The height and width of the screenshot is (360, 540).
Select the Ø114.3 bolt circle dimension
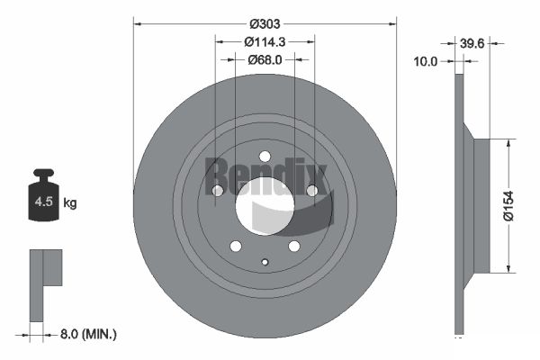click(265, 42)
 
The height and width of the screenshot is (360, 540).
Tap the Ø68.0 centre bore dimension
click(265, 60)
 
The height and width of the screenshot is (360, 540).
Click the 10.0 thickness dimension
click(426, 61)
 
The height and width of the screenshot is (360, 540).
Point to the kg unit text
click(70, 203)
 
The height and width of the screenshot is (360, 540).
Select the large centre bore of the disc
click(265, 206)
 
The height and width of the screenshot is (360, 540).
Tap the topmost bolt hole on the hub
click(265, 156)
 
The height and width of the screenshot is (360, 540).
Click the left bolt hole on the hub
click(217, 191)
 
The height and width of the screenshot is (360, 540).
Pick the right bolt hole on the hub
click(312, 191)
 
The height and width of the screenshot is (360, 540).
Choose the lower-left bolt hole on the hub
click(235, 247)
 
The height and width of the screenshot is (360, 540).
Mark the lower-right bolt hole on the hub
click(294, 247)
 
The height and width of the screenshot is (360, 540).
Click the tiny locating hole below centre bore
click(265, 263)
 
